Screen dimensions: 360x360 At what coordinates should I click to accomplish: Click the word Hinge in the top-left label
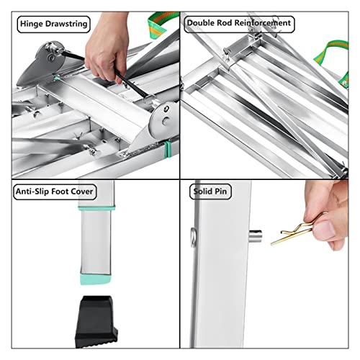(x=32, y=24)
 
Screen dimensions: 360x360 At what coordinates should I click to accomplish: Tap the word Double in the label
(x=204, y=24)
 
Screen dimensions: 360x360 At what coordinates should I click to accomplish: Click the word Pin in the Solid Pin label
(x=225, y=192)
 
